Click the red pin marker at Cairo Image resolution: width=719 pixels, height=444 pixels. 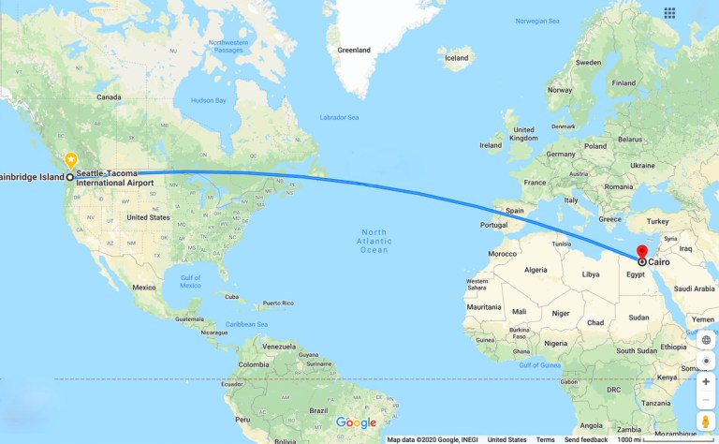point(642,253)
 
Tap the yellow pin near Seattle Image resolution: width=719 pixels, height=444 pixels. point(70,159)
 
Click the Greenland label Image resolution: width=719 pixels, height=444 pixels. point(354,50)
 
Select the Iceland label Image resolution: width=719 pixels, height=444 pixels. point(457,58)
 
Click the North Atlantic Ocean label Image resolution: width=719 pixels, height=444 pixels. point(374,241)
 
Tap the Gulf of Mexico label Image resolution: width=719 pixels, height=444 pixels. point(191,281)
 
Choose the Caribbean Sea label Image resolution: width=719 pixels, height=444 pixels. point(246,324)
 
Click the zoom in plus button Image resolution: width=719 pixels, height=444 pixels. point(706,381)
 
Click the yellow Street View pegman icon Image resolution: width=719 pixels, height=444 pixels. point(706,422)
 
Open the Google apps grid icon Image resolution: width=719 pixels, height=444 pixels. point(669,13)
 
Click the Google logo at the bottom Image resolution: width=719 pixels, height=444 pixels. point(356,422)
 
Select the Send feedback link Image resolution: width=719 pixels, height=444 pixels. point(585,439)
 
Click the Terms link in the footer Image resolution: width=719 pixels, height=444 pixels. point(545,439)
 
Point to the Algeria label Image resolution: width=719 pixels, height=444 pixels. point(536,270)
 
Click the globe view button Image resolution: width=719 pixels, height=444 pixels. point(706,340)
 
